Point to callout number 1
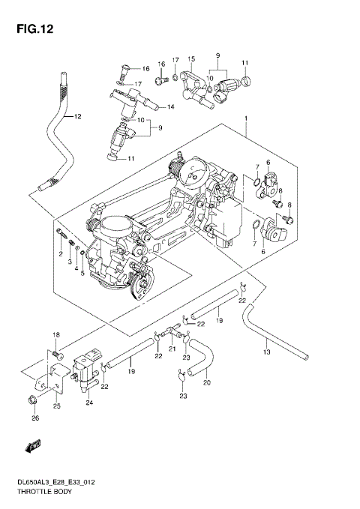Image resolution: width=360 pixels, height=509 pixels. pyautogui.click(x=244, y=119)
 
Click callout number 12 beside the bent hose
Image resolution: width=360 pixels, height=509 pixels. pyautogui.click(x=76, y=117)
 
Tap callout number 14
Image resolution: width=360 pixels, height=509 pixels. pyautogui.click(x=170, y=107)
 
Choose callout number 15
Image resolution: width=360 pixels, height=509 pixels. pyautogui.click(x=191, y=58)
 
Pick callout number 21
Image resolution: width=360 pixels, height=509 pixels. pyautogui.click(x=172, y=349)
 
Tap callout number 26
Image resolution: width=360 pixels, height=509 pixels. pyautogui.click(x=34, y=418)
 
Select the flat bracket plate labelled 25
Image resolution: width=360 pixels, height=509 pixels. pyautogui.click(x=55, y=379)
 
